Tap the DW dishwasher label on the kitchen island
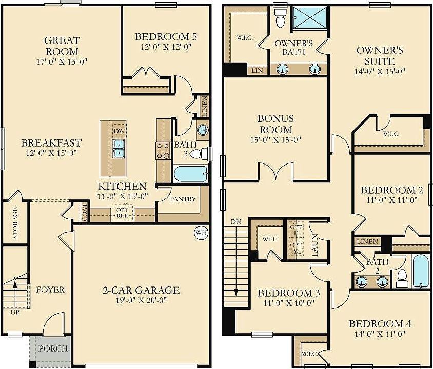pyautogui.click(x=119, y=131)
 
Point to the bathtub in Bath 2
pyautogui.click(x=420, y=271)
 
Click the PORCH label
pyautogui.click(x=53, y=349)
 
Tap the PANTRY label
pyautogui.click(x=182, y=199)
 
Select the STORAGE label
pyautogui.click(x=15, y=223)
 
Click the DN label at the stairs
pyautogui.click(x=236, y=222)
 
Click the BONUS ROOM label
pyautogui.click(x=275, y=125)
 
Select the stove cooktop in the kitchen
pyautogui.click(x=163, y=150)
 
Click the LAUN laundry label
pyautogui.click(x=315, y=245)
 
